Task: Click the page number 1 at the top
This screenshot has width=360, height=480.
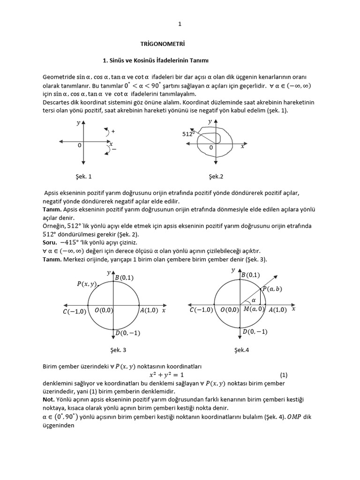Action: (x=180, y=24)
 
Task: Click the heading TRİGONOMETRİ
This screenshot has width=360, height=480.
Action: (x=163, y=45)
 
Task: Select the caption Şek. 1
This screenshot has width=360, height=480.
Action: (x=83, y=177)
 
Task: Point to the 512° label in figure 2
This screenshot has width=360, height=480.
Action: (x=188, y=134)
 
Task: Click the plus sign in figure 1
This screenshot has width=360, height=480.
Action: (x=113, y=131)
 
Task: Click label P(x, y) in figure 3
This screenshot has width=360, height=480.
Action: (x=87, y=284)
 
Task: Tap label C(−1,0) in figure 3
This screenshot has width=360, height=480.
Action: (x=74, y=312)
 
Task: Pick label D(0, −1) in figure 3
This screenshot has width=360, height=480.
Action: (x=127, y=333)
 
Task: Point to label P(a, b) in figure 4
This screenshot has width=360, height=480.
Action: (x=272, y=289)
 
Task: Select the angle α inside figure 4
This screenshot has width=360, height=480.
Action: (x=254, y=300)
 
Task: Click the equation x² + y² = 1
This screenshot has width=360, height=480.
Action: (x=166, y=375)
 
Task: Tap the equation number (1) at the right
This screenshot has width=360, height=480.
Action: (x=284, y=375)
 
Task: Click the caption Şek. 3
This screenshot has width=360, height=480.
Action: (x=118, y=350)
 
